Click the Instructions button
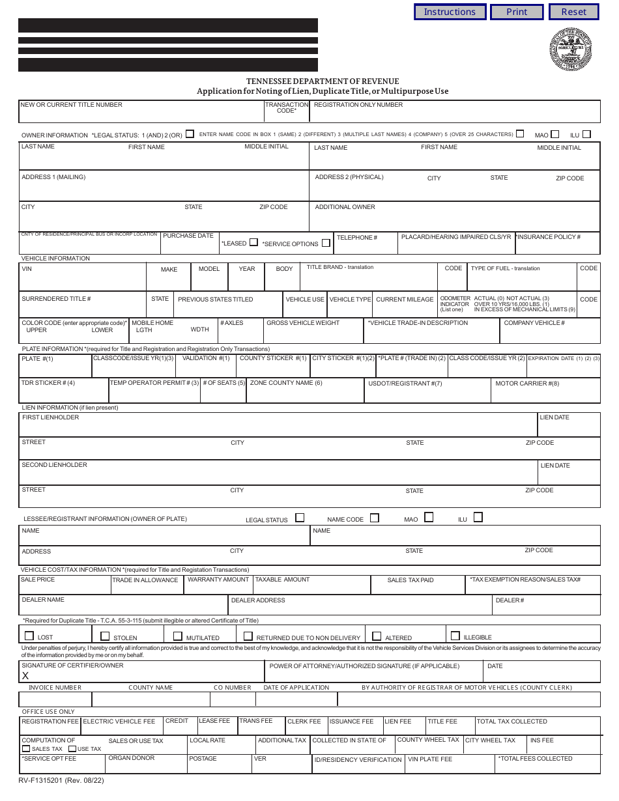point(450,12)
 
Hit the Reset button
point(573,12)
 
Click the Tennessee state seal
point(571,49)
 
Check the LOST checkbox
point(29,636)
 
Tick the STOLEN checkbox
point(105,636)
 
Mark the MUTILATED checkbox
point(178,636)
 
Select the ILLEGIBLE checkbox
point(455,636)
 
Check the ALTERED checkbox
point(377,636)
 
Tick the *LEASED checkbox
point(253,242)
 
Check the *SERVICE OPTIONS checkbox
point(326,243)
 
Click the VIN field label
point(27,268)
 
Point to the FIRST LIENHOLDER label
point(50,417)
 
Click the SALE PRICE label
point(38,580)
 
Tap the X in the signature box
point(25,676)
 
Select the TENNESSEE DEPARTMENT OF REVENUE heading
point(323,81)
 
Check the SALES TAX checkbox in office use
point(26,749)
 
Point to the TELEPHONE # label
point(356,238)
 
